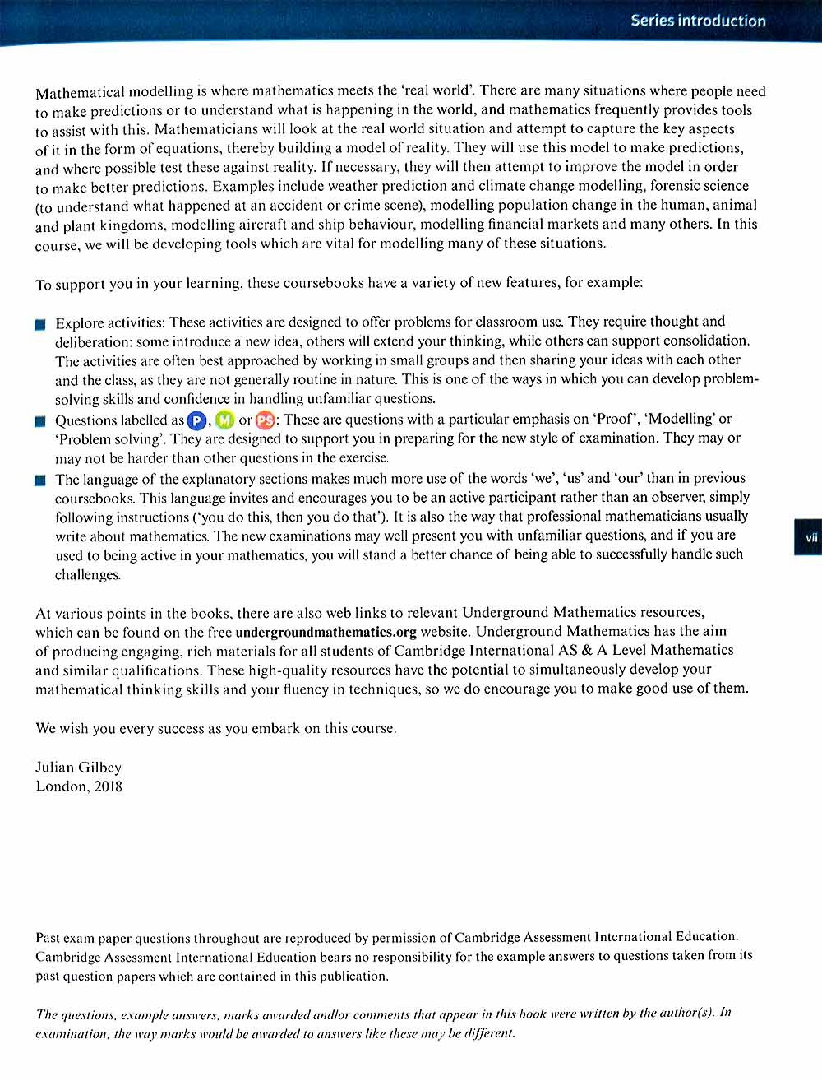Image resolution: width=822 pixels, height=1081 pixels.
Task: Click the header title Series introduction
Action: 698,21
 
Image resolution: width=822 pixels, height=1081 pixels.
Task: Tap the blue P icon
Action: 197,421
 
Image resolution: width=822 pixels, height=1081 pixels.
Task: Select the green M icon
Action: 224,421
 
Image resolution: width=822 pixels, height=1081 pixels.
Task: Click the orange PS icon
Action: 265,421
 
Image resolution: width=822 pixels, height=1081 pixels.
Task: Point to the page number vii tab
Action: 810,537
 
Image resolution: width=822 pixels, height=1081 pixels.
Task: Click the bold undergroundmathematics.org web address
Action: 326,633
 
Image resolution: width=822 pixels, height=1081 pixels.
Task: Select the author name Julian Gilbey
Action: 78,768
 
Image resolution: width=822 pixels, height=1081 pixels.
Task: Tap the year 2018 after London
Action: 108,786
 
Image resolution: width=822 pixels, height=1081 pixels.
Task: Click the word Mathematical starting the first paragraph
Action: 80,92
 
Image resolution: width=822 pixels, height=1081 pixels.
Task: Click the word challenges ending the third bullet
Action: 87,575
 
